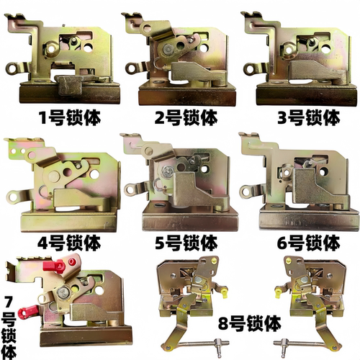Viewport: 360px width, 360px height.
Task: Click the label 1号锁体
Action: point(70,118)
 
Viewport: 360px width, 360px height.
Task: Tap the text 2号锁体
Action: point(186,117)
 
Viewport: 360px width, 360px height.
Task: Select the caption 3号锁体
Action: point(309,117)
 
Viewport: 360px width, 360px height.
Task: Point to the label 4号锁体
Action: point(69,243)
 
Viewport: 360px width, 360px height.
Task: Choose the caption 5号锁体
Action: point(186,243)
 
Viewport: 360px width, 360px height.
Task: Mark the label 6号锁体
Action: point(309,243)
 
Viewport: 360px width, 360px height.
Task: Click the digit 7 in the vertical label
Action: point(8,302)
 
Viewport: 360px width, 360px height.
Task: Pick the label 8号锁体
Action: point(250,323)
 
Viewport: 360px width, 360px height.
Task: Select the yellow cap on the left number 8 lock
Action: point(224,293)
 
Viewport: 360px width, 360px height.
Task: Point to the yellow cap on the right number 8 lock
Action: point(279,292)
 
